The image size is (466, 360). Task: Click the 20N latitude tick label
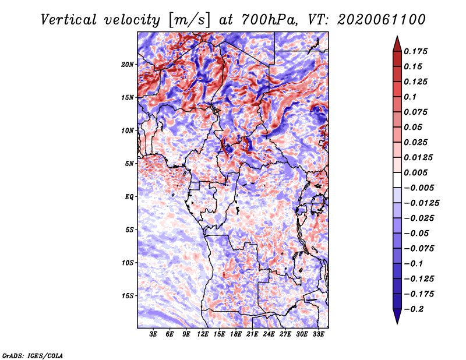coord(128,64)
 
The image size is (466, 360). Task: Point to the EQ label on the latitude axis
coord(129,197)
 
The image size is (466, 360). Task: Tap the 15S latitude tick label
coord(128,296)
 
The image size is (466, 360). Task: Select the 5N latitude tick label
coord(129,164)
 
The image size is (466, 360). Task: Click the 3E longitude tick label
coord(154,335)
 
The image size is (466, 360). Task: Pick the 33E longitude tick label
coord(318,335)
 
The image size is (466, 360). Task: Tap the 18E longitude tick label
coord(235,335)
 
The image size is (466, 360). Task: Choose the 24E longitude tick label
coord(269,335)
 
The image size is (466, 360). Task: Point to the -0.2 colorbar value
coord(416,309)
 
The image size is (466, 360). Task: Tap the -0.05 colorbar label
coord(418,233)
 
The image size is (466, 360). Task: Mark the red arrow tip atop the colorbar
coord(396,39)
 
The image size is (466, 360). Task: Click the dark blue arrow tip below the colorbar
coord(396,320)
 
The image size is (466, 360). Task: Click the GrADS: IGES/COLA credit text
coord(33,355)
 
